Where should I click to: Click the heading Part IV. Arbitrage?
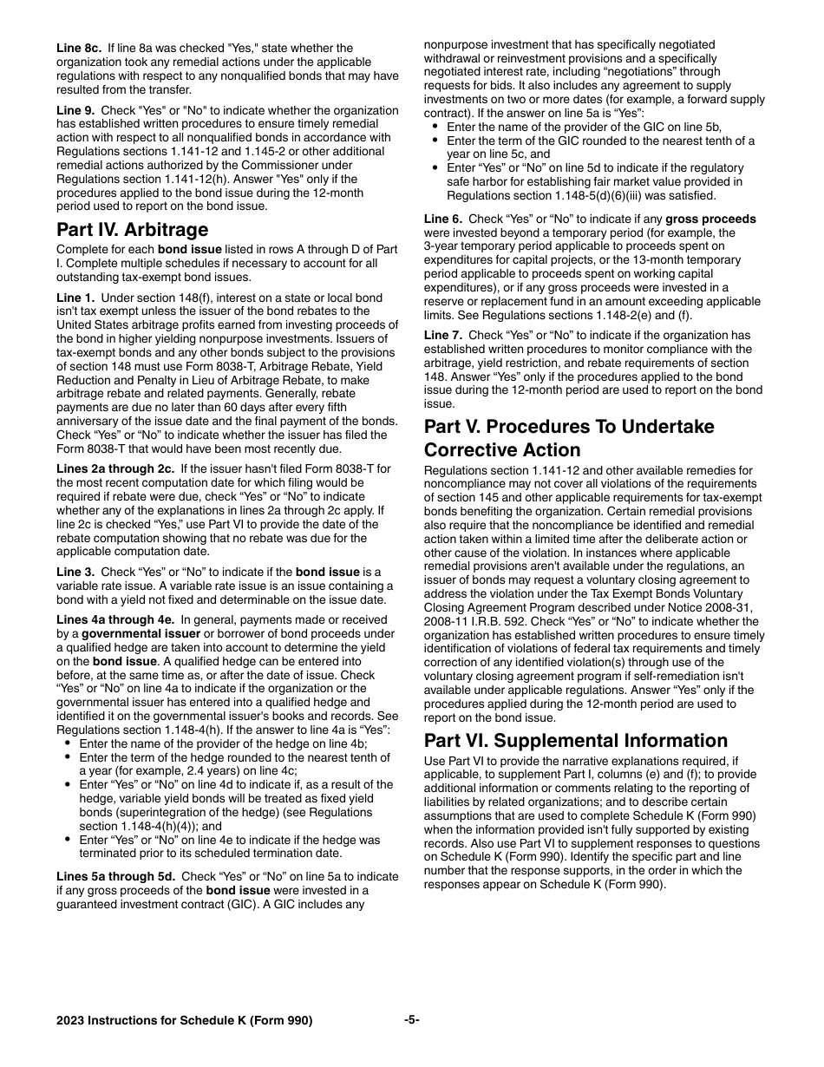click(x=132, y=230)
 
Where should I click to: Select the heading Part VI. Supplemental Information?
click(x=576, y=741)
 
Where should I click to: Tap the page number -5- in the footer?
click(x=412, y=1020)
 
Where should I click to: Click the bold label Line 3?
click(x=75, y=573)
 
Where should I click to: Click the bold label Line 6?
click(x=442, y=219)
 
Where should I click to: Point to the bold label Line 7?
click(x=442, y=336)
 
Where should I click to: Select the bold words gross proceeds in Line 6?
click(x=710, y=219)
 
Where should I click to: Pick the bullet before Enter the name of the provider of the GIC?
click(x=435, y=127)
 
